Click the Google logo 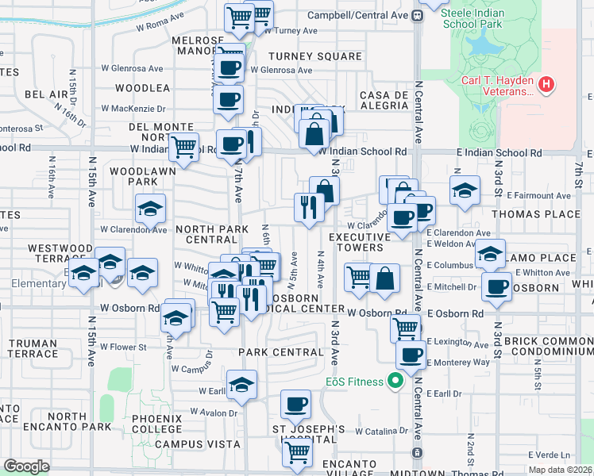point(26,466)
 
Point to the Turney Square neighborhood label point(314,56)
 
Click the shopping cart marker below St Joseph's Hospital point(297,452)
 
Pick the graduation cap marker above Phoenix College point(241,385)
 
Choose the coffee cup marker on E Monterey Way point(411,355)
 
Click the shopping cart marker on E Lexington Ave point(406,327)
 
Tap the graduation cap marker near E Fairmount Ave point(465,190)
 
